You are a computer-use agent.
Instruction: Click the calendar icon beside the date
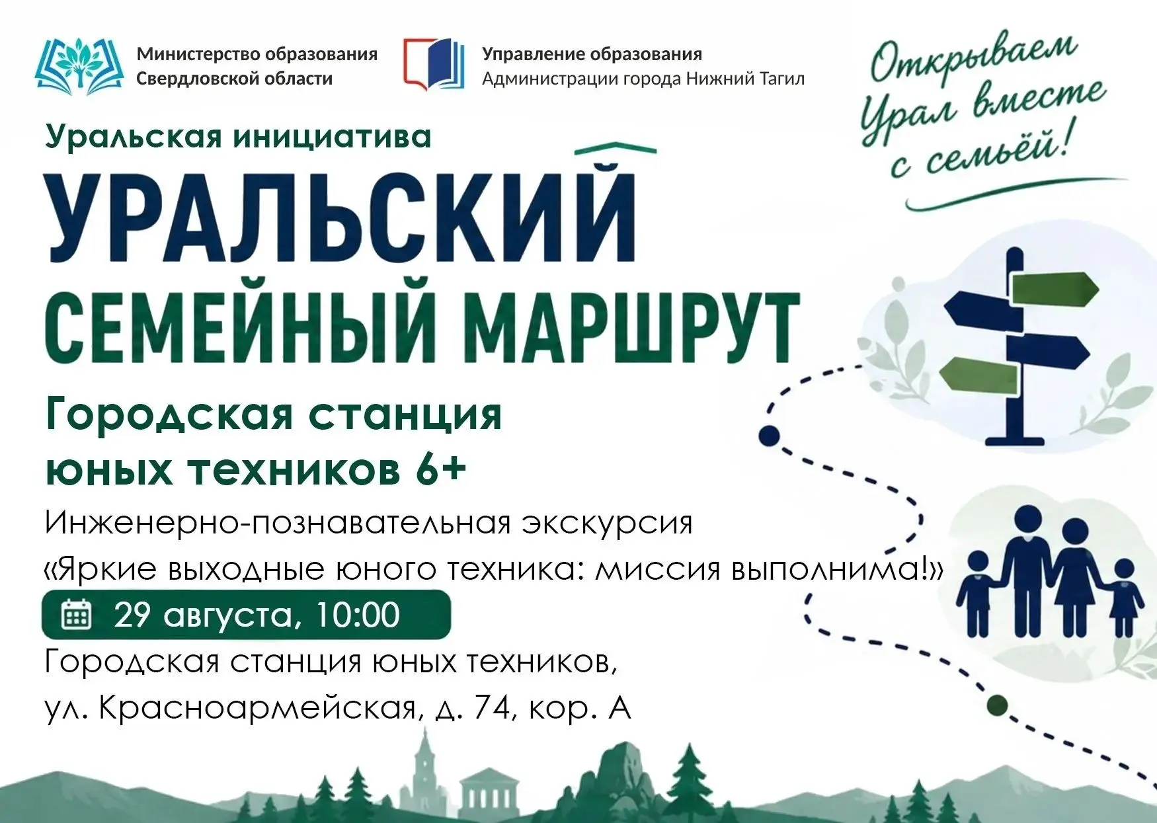click(77, 615)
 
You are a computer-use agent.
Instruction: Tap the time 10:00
click(358, 615)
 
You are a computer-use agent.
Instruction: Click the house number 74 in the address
click(490, 709)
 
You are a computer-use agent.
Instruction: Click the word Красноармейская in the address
click(259, 709)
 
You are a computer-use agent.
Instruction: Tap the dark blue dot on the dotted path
click(769, 435)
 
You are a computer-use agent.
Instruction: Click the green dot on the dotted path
click(997, 705)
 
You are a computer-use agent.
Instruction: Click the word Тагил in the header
click(781, 79)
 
